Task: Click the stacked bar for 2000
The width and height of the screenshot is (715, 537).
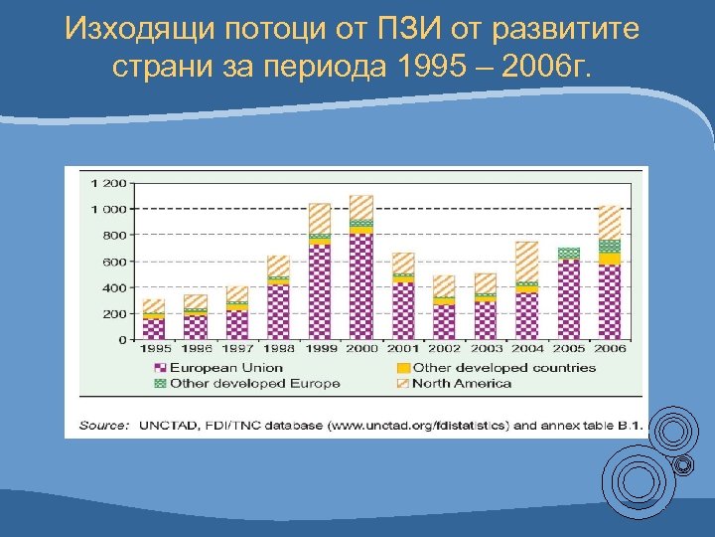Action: (361, 268)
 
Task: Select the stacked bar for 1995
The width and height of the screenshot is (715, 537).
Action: (154, 319)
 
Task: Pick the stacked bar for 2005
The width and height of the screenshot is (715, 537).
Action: (568, 293)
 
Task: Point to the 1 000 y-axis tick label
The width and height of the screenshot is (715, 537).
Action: (109, 209)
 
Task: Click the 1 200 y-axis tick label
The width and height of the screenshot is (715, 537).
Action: (109, 183)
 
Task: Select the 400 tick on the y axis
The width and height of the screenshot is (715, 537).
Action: (116, 287)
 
